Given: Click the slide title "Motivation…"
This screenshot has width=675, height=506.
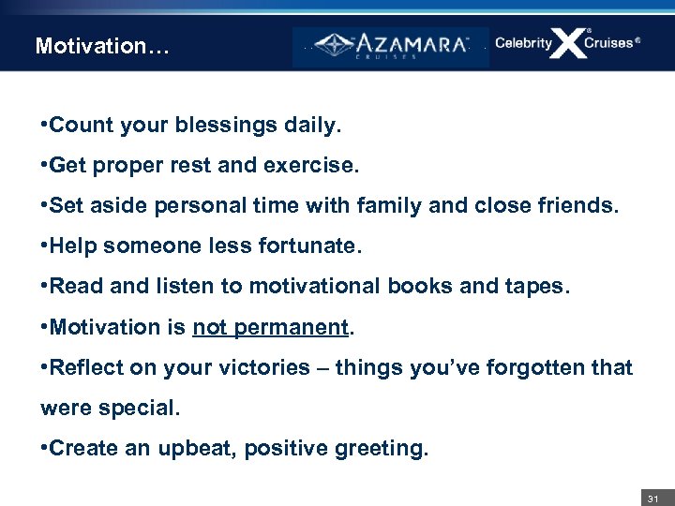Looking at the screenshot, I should coord(102,45).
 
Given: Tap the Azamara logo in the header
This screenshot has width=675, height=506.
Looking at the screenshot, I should coord(391,46).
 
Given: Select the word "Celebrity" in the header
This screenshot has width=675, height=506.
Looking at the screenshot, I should coord(523,43).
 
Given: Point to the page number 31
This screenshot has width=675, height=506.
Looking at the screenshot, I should coord(653,498).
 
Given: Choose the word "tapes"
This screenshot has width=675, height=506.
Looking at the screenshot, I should coord(535,286).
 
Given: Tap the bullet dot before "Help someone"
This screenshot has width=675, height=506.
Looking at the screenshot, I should coord(44,246).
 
